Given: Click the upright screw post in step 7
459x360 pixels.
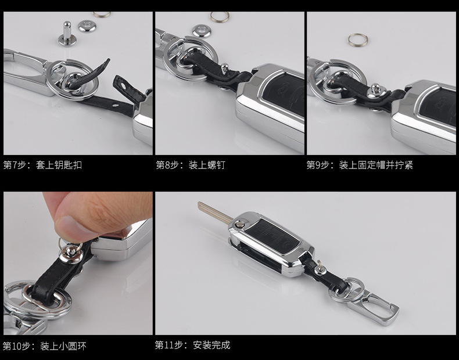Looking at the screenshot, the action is [67, 34].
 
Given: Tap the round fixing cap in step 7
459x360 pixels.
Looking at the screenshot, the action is [88, 26].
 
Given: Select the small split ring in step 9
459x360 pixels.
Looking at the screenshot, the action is [358, 39].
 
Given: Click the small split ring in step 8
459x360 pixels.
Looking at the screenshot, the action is [220, 17].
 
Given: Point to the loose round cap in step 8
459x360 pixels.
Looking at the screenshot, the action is [202, 31].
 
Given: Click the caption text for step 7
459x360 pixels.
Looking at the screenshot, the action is [42, 165].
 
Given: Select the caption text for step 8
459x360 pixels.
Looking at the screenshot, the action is [191, 165].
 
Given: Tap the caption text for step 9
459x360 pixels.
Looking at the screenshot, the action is [360, 165].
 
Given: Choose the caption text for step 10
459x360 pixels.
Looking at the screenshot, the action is [45, 346].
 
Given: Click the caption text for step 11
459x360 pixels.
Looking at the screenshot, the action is [193, 345].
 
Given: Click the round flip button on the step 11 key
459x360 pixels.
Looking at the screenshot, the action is [241, 225].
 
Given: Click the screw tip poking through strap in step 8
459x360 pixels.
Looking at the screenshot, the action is [224, 68].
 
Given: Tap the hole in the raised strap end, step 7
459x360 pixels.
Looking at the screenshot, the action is [124, 87].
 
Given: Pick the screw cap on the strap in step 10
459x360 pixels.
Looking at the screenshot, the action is [70, 254].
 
